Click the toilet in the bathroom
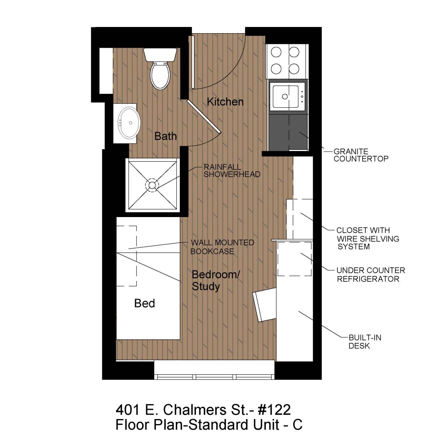[160, 69]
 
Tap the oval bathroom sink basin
[129, 123]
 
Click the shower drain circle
[152, 185]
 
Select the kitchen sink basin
[285, 96]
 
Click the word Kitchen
[225, 102]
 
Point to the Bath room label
[165, 136]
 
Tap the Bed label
[145, 303]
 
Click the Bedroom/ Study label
[216, 280]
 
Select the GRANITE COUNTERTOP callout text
[361, 155]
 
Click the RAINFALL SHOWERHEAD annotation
[232, 171]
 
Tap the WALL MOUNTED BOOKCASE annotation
[222, 247]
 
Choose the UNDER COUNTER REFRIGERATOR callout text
[371, 275]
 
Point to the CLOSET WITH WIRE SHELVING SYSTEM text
[368, 238]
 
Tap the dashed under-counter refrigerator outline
[295, 259]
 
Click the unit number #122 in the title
[274, 410]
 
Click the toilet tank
[160, 55]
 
